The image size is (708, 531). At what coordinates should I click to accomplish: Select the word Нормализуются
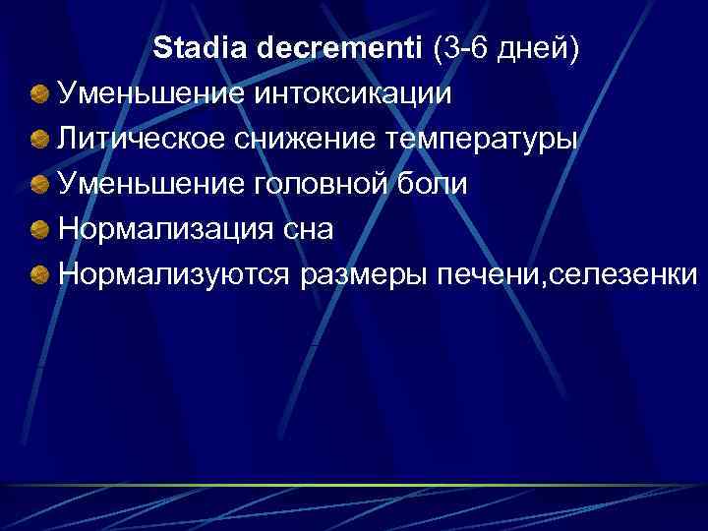[173, 274]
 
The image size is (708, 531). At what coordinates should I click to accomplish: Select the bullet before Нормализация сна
[40, 230]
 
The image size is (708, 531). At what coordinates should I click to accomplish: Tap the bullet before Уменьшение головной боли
[40, 185]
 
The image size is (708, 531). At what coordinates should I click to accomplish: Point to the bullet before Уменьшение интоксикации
[40, 95]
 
